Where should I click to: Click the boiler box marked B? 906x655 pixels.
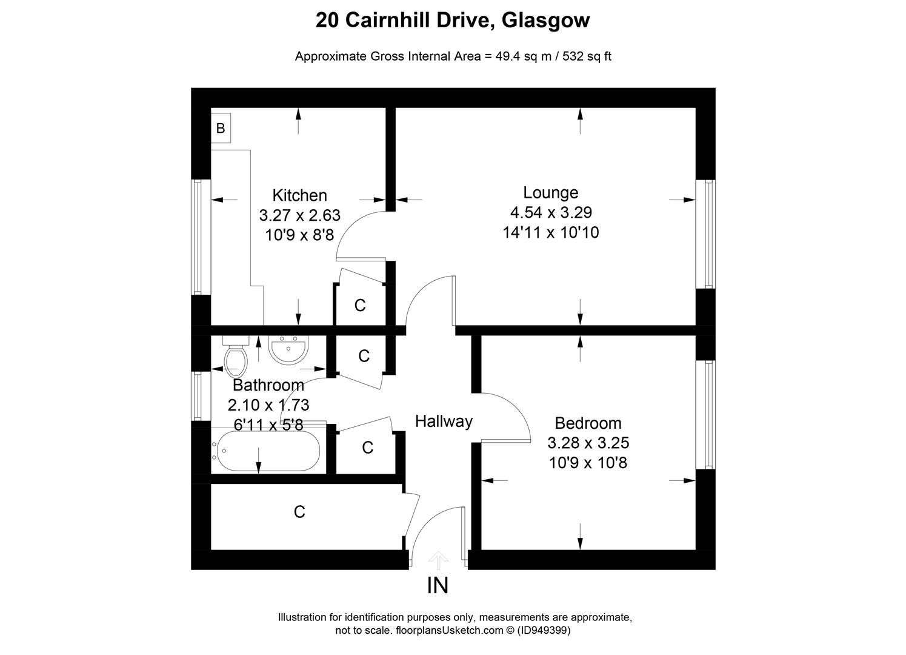(221, 129)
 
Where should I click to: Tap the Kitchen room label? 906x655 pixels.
(299, 195)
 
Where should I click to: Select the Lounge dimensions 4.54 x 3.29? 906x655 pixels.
(550, 212)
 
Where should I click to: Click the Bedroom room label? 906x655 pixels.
(588, 423)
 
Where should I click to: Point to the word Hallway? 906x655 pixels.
(444, 421)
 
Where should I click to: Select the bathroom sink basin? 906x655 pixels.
(289, 351)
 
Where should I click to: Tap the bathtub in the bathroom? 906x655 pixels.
(267, 451)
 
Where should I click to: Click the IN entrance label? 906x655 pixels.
(438, 586)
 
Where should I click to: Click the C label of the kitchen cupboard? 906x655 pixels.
(360, 305)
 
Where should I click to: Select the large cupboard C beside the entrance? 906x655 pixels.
(299, 512)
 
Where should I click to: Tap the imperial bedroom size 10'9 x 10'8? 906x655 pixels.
(588, 463)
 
